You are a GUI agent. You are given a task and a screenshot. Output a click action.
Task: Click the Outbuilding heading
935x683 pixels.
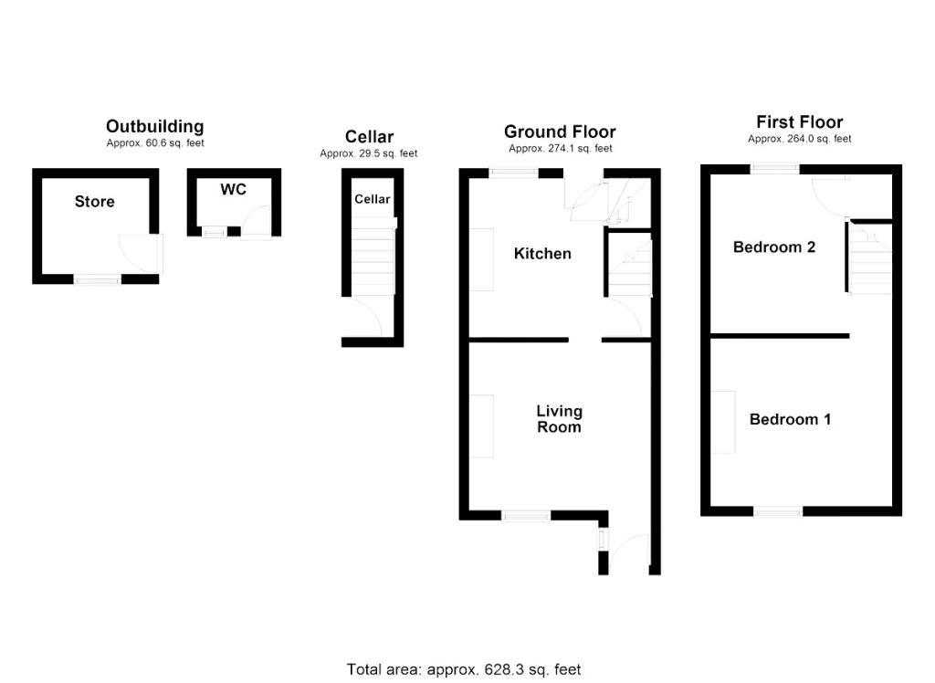click(155, 126)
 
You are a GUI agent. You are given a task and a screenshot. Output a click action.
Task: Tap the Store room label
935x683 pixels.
click(95, 202)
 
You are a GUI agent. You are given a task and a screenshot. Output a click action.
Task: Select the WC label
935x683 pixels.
click(233, 190)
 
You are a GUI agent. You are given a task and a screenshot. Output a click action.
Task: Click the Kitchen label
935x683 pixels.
click(542, 254)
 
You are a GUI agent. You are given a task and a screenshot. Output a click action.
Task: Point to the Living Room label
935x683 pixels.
click(560, 419)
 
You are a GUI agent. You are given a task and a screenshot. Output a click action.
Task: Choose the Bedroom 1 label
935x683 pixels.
click(790, 419)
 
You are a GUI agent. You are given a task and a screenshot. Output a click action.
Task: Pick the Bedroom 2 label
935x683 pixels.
click(774, 247)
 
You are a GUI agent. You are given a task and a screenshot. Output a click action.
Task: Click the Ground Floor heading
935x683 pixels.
click(560, 131)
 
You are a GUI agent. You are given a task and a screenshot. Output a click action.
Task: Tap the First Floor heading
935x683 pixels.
click(800, 121)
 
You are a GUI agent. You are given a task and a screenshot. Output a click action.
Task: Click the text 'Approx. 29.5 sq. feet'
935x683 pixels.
click(369, 153)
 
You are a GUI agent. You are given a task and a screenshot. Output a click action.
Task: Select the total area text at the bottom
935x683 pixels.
click(464, 669)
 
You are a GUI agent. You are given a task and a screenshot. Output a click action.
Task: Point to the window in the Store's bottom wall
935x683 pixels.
click(97, 279)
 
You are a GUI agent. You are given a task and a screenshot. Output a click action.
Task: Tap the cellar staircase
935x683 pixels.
click(373, 257)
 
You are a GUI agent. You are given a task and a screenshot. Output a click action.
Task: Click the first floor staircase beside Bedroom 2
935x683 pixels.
click(870, 257)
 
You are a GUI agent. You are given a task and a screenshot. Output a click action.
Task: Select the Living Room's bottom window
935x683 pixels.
click(525, 515)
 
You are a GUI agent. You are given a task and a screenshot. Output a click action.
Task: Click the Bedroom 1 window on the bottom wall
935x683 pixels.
click(778, 511)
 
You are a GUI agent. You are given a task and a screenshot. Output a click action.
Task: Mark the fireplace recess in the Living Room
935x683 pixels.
click(482, 426)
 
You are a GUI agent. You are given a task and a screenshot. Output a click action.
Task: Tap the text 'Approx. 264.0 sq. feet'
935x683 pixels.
click(800, 139)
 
